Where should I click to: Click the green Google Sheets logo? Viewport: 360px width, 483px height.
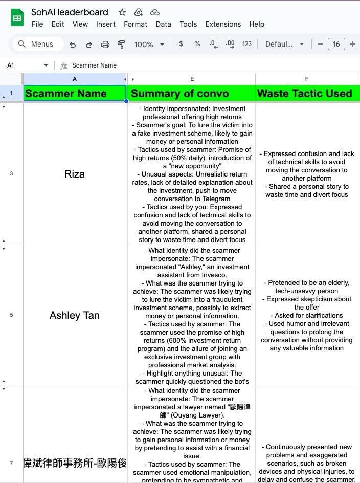click(x=17, y=17)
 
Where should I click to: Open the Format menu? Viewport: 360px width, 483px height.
click(x=136, y=24)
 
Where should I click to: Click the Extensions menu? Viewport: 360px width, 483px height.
click(x=223, y=24)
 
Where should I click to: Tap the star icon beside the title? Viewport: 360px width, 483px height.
click(x=122, y=12)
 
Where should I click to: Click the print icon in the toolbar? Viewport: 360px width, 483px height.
click(x=105, y=45)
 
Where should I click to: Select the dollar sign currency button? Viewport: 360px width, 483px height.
click(x=181, y=44)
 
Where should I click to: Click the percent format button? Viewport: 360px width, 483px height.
click(x=197, y=44)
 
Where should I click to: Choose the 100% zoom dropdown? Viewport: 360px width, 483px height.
click(x=149, y=45)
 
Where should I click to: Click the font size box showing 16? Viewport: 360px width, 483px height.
click(x=336, y=44)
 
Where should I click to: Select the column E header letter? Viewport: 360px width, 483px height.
click(x=192, y=79)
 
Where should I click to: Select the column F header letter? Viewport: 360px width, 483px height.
click(x=307, y=79)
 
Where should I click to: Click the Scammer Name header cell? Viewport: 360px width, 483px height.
click(x=75, y=94)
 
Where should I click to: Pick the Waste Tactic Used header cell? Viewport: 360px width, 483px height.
click(x=305, y=94)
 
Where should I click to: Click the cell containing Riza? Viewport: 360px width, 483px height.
click(x=75, y=174)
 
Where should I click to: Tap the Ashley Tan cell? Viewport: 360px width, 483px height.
click(x=75, y=315)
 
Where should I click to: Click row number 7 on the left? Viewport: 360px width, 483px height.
click(x=11, y=463)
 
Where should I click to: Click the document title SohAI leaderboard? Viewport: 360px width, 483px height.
click(x=70, y=12)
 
